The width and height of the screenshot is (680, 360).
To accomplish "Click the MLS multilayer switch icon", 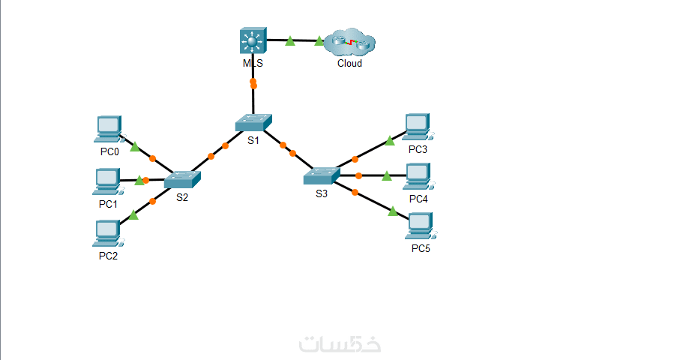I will click(x=253, y=41).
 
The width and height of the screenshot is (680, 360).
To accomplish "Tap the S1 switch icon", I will click(x=253, y=122).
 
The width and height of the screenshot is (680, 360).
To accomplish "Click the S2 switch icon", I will click(x=183, y=179).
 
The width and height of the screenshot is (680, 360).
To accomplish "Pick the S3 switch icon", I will click(x=322, y=175).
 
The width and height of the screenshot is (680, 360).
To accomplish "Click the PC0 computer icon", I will click(x=109, y=130).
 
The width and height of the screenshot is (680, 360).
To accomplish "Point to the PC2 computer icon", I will click(x=108, y=234).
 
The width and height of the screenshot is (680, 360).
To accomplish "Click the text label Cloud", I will click(x=349, y=64).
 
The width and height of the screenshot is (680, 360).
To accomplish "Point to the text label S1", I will click(x=253, y=140).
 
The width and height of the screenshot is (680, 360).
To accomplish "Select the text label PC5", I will click(x=421, y=248).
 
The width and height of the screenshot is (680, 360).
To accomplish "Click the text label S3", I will click(x=321, y=193).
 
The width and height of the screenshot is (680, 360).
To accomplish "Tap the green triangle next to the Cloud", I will click(x=319, y=41).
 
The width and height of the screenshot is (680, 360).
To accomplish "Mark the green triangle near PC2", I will click(x=133, y=215).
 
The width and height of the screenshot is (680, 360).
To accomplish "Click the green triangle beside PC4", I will click(x=387, y=176).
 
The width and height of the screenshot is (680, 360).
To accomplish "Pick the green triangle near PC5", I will click(x=392, y=211).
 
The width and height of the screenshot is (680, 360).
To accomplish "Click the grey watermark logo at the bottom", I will click(x=340, y=343).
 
